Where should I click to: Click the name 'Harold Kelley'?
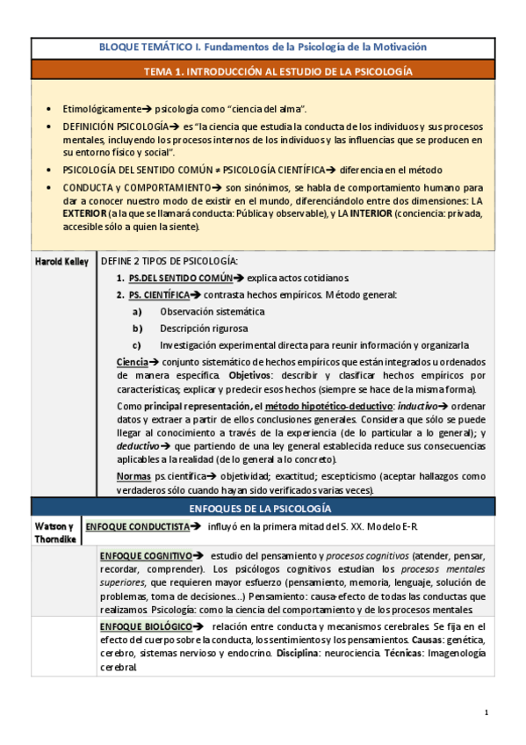point(61,262)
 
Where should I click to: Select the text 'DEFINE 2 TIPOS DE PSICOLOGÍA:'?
point(169,261)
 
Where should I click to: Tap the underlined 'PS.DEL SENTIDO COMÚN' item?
point(177,278)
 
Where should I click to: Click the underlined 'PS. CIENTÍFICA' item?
point(163,294)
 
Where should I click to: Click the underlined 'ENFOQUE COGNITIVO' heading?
point(147,556)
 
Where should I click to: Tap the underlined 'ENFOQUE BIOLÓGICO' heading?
point(146,626)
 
